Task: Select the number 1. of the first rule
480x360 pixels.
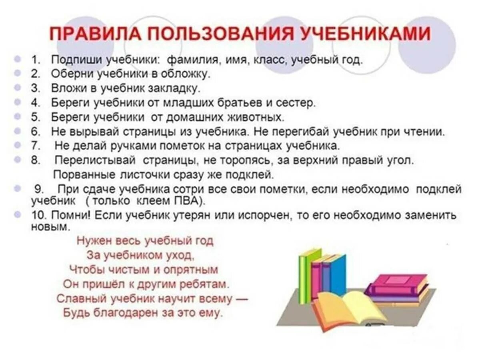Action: [36, 60]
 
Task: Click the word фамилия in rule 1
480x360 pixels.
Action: [191, 60]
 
